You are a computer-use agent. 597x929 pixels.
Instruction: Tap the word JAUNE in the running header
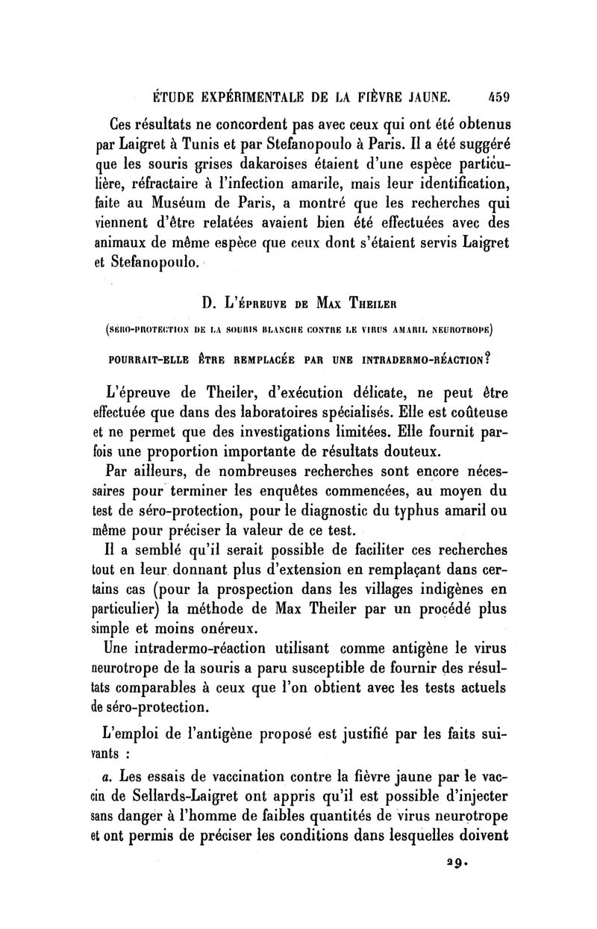click(x=422, y=96)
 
